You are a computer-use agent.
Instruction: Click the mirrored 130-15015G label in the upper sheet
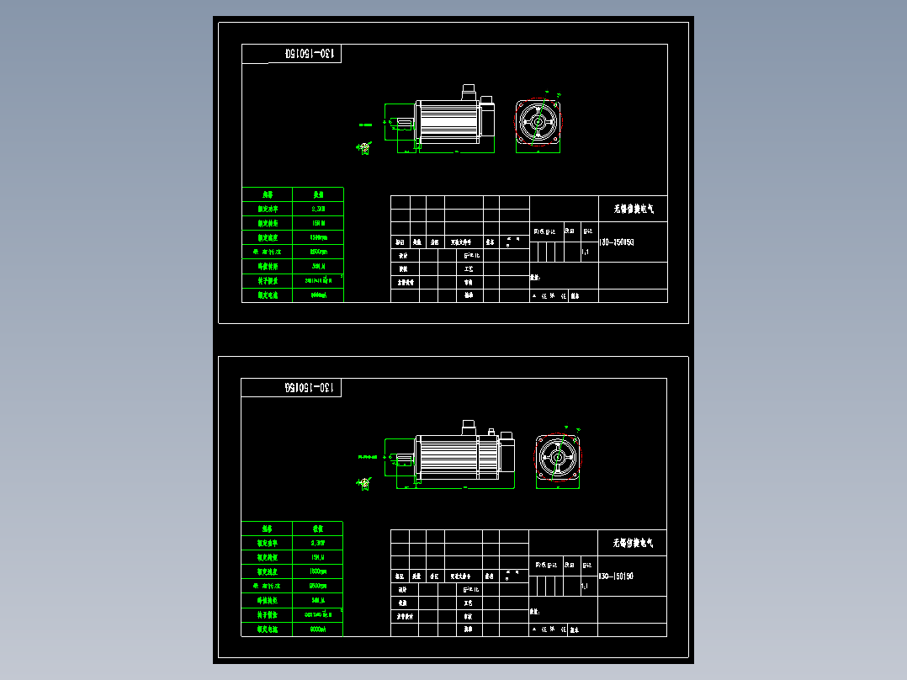click(311, 54)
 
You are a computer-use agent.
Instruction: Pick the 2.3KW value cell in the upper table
click(318, 209)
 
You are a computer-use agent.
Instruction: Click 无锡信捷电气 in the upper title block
click(632, 209)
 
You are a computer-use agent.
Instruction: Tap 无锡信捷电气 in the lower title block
click(632, 544)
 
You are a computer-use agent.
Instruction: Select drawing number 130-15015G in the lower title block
click(616, 576)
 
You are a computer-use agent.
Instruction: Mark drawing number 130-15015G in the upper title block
click(616, 242)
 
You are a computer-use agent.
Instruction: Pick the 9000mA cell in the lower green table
click(318, 629)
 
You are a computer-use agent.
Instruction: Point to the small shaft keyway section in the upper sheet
click(364, 148)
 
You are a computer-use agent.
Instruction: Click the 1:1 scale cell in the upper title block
click(586, 252)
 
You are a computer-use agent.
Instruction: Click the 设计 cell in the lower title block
click(403, 590)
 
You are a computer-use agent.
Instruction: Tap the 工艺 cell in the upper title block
click(469, 268)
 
